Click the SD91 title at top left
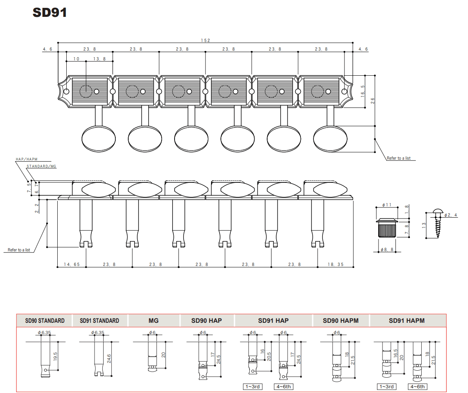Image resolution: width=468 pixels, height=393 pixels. point(49,13)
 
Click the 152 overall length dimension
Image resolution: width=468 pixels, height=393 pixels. point(206,40)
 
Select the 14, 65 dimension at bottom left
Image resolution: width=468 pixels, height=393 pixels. point(72,265)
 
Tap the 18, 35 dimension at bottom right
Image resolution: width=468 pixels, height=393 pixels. point(335,265)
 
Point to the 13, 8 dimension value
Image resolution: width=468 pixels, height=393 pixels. point(100,59)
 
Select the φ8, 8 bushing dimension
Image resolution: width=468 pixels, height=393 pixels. point(387,249)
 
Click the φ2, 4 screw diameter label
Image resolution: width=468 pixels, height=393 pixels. point(451,215)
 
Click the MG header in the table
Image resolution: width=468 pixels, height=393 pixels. point(153,320)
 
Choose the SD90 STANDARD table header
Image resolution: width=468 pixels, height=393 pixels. point(45,320)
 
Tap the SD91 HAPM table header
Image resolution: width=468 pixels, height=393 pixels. point(406,320)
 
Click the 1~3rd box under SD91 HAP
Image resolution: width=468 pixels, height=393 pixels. point(253,387)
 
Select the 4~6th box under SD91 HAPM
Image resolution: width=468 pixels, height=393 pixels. point(417,387)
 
